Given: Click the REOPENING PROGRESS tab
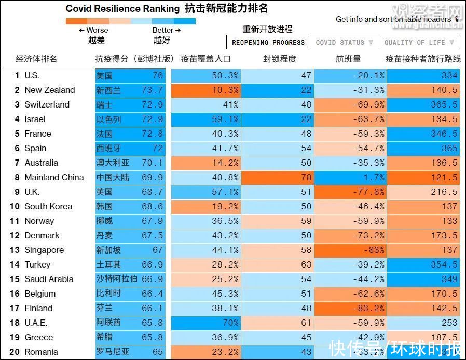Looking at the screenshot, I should pyautogui.click(x=268, y=43).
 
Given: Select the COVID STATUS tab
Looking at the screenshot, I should pyautogui.click(x=345, y=43).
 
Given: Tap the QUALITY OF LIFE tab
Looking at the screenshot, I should pyautogui.click(x=419, y=43).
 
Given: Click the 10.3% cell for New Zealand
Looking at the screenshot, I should pyautogui.click(x=207, y=90).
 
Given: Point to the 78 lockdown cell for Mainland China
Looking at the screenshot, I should pyautogui.click(x=278, y=177).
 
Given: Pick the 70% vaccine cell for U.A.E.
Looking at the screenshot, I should pyautogui.click(x=207, y=323).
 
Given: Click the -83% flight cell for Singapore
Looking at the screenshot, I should pyautogui.click(x=351, y=250).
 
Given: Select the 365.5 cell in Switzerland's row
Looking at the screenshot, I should pyautogui.click(x=423, y=104).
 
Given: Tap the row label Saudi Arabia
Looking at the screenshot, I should pyautogui.click(x=49, y=279).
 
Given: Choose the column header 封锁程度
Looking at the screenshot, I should pyautogui.click(x=280, y=59).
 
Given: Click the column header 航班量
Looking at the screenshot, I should pyautogui.click(x=348, y=59).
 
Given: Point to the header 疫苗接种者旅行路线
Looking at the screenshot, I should pyautogui.click(x=423, y=59).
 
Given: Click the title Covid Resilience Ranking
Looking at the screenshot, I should pyautogui.click(x=123, y=9).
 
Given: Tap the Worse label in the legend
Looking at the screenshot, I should pyautogui.click(x=97, y=30).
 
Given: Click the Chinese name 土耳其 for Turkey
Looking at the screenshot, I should pyautogui.click(x=108, y=264).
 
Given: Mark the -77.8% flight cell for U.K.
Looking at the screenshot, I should pyautogui.click(x=351, y=192).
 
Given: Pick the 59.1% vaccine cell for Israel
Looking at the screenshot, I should pyautogui.click(x=207, y=119).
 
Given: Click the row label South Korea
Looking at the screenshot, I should pyautogui.click(x=48, y=206).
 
